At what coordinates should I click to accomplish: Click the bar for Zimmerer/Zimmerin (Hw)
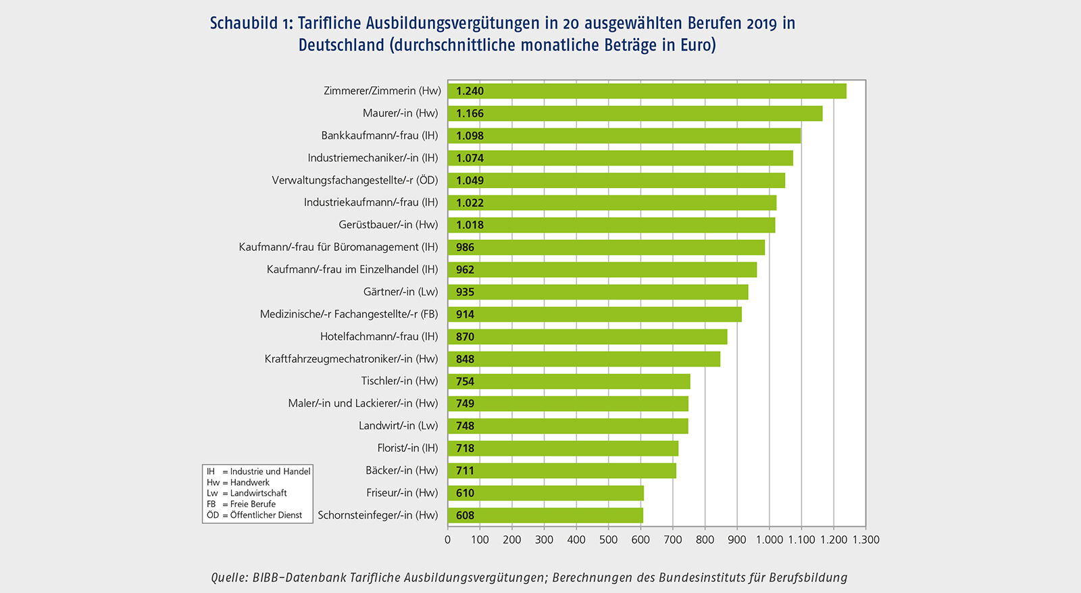[647, 91]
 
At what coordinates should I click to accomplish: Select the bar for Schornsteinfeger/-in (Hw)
[545, 515]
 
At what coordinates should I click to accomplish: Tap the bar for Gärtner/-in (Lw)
[598, 292]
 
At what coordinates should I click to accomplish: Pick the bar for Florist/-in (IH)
[563, 448]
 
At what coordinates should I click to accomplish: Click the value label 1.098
[470, 136]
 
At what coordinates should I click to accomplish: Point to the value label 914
[465, 314]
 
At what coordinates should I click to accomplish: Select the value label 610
[465, 493]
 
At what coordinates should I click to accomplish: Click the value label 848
[465, 359]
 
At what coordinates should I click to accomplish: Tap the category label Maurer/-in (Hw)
[400, 113]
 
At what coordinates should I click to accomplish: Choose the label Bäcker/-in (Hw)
[401, 470]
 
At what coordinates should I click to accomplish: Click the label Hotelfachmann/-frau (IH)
[379, 336]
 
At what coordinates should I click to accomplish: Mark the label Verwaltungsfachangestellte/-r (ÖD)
[355, 180]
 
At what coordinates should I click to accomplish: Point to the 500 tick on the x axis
[608, 540]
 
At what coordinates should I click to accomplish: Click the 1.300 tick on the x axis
[865, 540]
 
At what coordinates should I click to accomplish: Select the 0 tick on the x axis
[447, 540]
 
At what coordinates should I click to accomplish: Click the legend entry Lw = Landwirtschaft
[247, 493]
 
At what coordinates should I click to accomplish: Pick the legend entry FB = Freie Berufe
[241, 504]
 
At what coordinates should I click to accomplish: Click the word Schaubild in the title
[243, 24]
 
